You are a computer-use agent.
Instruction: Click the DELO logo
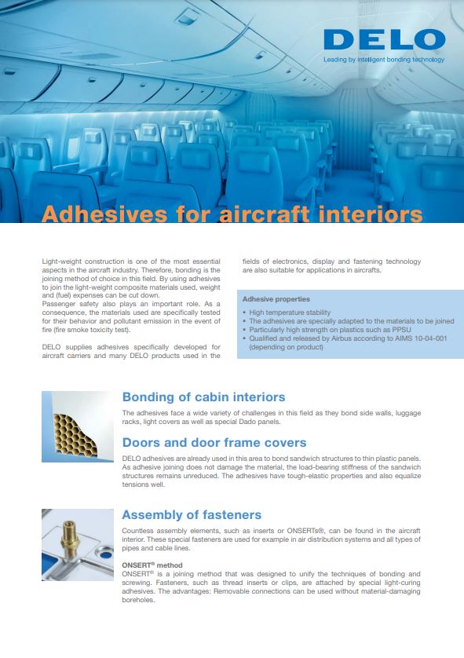[384, 39]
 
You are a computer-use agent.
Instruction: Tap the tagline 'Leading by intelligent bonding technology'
[384, 60]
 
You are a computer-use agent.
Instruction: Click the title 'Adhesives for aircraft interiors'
[232, 214]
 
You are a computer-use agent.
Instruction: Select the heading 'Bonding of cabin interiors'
[203, 397]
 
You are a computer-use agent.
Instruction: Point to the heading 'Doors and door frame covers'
[214, 443]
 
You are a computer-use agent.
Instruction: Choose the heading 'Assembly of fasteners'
[192, 515]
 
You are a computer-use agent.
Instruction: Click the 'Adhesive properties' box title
[276, 299]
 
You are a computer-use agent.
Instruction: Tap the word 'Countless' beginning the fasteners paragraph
[140, 532]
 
